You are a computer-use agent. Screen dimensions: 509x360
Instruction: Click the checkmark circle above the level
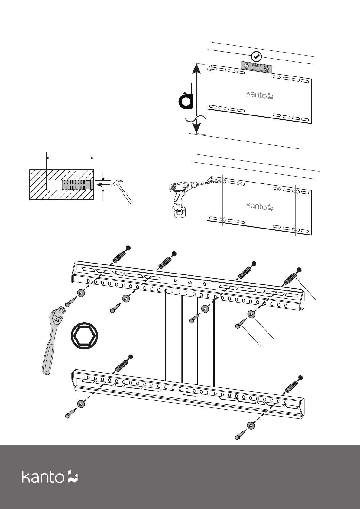(x=256, y=56)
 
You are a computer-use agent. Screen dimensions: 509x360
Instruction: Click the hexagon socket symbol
(x=85, y=336)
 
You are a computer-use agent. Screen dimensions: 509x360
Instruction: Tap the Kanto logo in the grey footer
(x=50, y=477)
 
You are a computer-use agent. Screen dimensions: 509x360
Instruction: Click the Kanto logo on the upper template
(x=260, y=95)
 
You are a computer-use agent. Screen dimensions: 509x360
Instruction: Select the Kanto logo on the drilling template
(x=260, y=206)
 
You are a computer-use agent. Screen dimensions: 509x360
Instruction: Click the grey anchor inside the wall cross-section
(x=76, y=185)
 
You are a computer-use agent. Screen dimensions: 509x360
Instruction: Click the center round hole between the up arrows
(x=190, y=283)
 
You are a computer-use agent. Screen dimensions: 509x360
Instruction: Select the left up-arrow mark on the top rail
(x=175, y=280)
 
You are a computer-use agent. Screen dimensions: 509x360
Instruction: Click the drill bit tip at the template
(x=220, y=180)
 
